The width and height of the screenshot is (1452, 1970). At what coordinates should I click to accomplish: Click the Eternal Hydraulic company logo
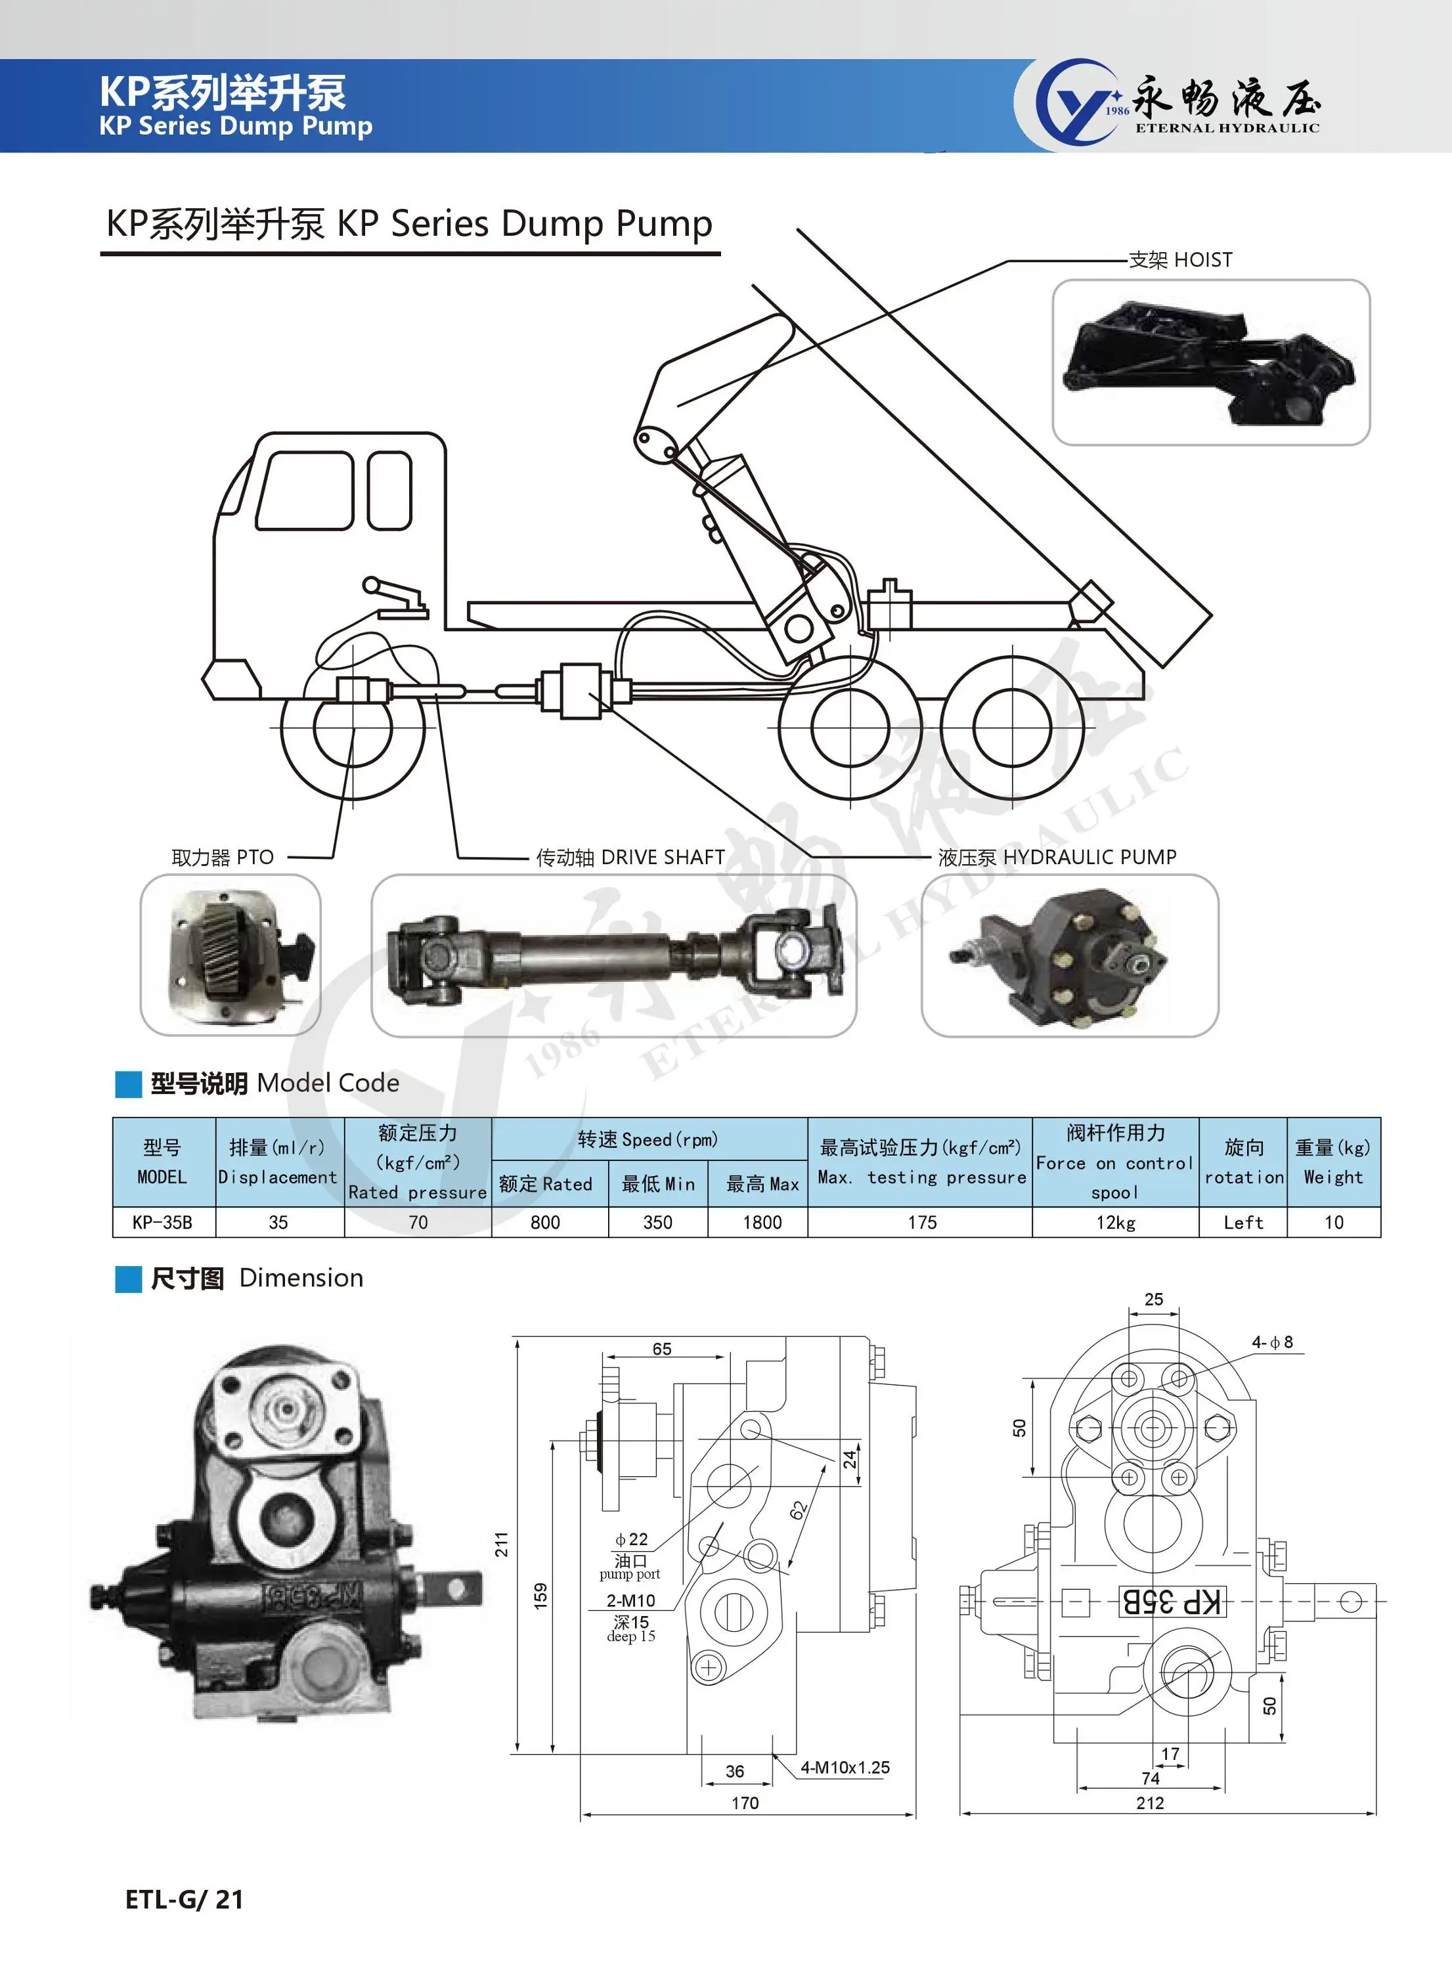point(1177,103)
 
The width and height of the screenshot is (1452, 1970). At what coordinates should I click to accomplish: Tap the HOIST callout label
point(1180,260)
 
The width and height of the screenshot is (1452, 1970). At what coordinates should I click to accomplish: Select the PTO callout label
point(223,858)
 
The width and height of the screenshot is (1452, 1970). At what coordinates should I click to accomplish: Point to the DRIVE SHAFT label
point(630,858)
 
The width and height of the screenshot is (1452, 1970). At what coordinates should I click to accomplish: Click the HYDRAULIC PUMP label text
point(1057,858)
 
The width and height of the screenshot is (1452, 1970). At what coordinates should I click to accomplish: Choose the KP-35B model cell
point(163,1222)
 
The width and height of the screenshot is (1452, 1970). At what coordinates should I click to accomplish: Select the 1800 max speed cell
point(762,1222)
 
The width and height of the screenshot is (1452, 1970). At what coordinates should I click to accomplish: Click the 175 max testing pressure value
point(922,1222)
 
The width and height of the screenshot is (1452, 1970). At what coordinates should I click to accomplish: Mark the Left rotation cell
point(1243,1222)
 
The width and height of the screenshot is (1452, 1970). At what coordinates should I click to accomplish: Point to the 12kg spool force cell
point(1115,1222)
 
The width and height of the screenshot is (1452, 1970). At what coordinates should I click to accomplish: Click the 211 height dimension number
point(502,1544)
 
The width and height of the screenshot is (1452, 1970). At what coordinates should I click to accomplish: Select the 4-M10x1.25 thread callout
point(845,1767)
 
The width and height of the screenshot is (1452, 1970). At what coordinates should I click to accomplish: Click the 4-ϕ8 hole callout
point(1272,1342)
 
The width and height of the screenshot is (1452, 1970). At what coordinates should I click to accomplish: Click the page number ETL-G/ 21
point(185,1900)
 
